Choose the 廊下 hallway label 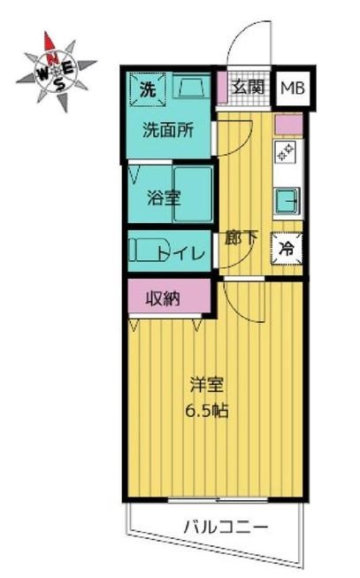[241, 236]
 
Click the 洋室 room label [206, 386]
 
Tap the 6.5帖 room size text [206, 411]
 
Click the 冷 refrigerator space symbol [287, 248]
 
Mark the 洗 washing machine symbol [147, 89]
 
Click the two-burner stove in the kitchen [287, 153]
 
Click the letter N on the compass [54, 61]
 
